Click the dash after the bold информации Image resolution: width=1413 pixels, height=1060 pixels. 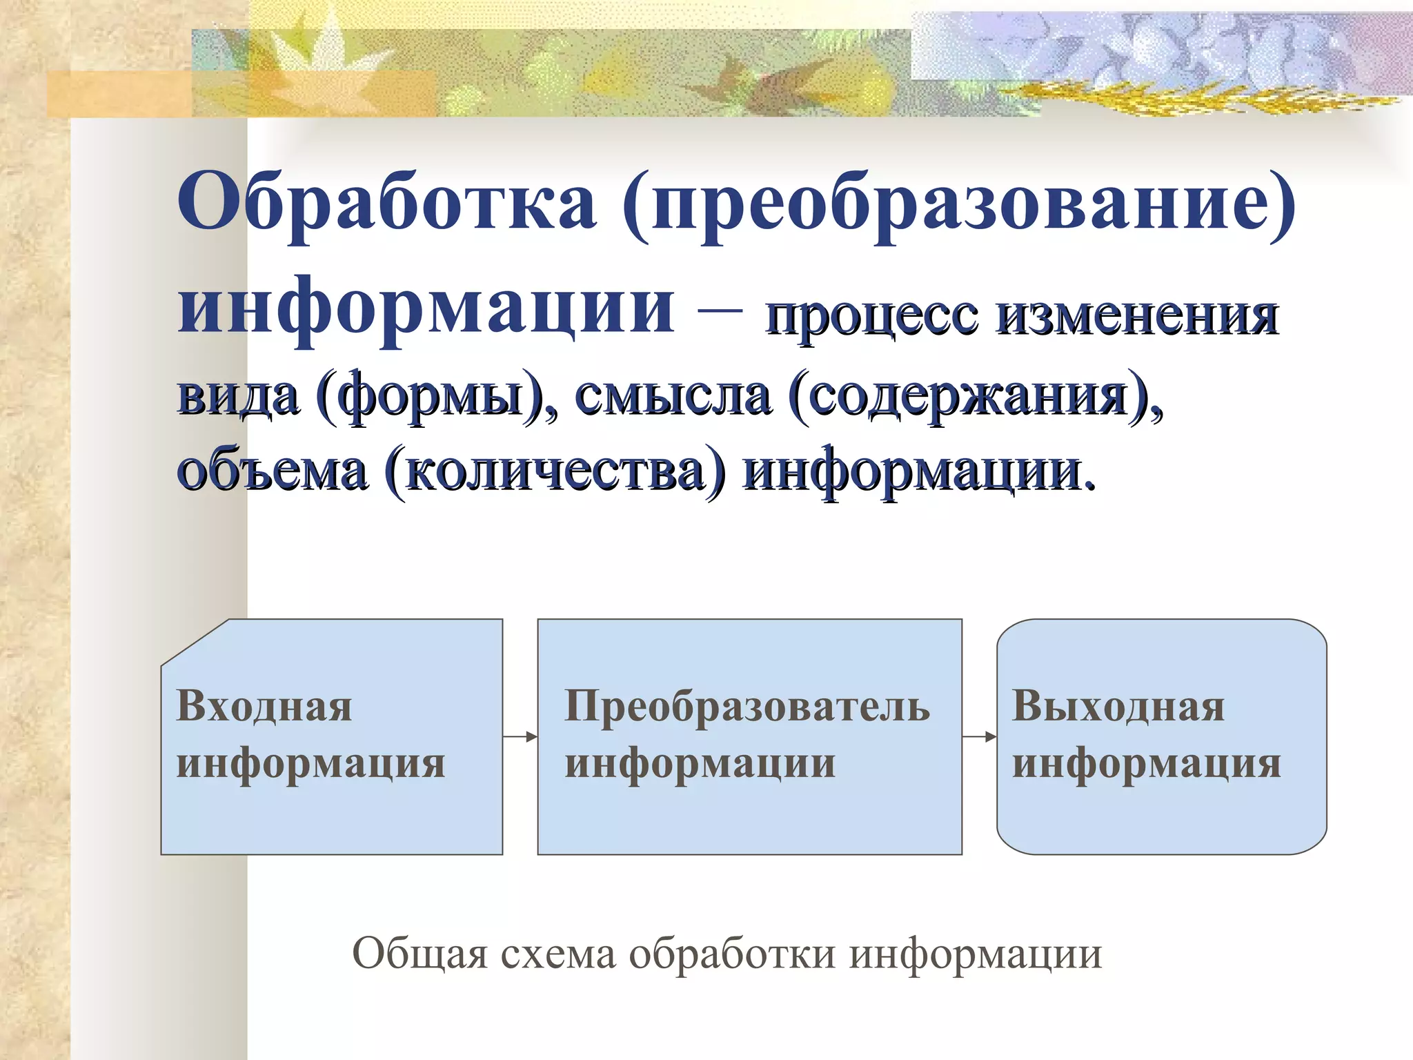[720, 310]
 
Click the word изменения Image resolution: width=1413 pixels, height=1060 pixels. [1138, 317]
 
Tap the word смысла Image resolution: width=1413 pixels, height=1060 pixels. [673, 397]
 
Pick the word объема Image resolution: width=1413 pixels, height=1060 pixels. [272, 473]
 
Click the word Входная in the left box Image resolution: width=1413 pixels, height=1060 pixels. [264, 707]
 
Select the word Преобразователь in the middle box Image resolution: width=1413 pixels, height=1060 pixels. [747, 707]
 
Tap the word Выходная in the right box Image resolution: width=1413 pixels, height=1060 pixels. [1118, 707]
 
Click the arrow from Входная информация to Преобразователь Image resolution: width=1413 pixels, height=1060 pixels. [520, 737]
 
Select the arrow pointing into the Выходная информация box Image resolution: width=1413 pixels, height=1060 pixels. [980, 737]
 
